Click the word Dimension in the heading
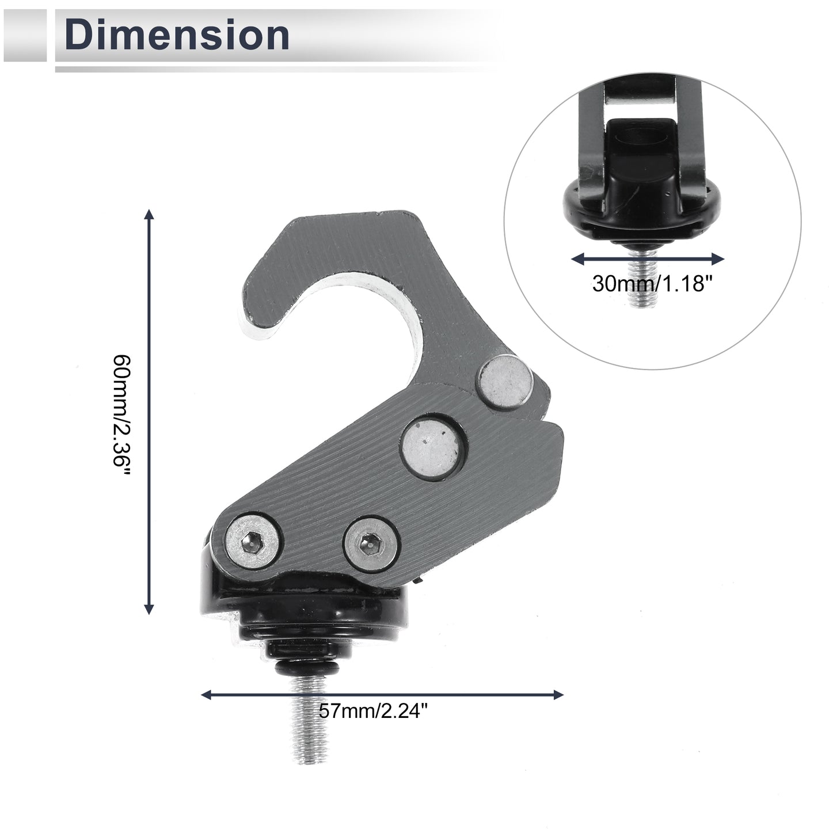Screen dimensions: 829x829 [x=177, y=35]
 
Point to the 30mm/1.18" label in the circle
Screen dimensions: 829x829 [x=649, y=283]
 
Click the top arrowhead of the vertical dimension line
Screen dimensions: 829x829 [x=149, y=215]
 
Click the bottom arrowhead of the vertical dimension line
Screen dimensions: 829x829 [x=149, y=609]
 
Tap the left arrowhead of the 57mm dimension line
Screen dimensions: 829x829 [x=207, y=694]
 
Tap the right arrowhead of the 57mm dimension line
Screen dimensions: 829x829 [x=558, y=694]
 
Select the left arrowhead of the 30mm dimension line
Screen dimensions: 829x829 [x=577, y=259]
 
